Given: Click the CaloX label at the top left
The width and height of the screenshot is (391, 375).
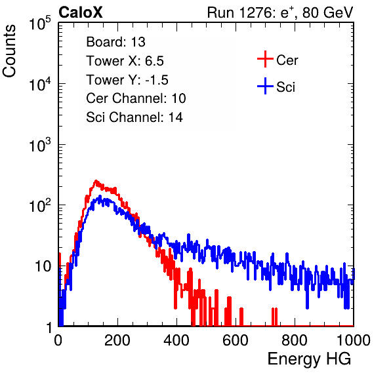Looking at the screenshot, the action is pyautogui.click(x=81, y=12).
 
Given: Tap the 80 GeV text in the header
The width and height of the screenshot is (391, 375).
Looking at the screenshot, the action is pyautogui.click(x=327, y=12).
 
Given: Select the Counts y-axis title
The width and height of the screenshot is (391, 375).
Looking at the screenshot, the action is pyautogui.click(x=9, y=51).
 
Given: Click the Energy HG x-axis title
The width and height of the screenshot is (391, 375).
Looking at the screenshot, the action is pyautogui.click(x=309, y=359).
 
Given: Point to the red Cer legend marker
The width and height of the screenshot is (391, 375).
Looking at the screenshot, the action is pyautogui.click(x=265, y=59).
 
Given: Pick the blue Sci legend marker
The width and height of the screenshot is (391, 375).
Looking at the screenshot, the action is pyautogui.click(x=265, y=87).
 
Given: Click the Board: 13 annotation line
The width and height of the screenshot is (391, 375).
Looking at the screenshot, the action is pyautogui.click(x=115, y=42).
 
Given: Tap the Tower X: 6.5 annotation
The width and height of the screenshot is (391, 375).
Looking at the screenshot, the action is pyautogui.click(x=125, y=61).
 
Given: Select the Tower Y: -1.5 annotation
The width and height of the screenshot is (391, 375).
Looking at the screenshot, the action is pyautogui.click(x=127, y=80).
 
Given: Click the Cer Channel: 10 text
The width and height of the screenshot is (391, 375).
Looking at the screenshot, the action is pyautogui.click(x=136, y=98).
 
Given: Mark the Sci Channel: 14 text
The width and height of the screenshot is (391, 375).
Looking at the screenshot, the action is pyautogui.click(x=134, y=117).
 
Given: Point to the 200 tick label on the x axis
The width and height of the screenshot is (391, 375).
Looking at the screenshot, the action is pyautogui.click(x=117, y=340).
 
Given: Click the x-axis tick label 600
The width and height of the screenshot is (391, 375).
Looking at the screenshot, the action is pyautogui.click(x=236, y=340).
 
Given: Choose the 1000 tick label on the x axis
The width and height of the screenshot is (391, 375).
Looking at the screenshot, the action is pyautogui.click(x=354, y=340).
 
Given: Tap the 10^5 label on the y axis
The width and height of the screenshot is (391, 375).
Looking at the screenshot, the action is pyautogui.click(x=40, y=24).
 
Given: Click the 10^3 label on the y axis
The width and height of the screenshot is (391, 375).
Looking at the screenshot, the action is pyautogui.click(x=40, y=145).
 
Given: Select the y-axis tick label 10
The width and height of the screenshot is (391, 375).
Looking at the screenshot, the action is pyautogui.click(x=43, y=267).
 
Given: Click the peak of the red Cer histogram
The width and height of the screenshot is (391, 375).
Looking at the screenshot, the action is pyautogui.click(x=96, y=181).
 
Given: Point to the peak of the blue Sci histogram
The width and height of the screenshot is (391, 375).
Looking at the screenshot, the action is pyautogui.click(x=100, y=196).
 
